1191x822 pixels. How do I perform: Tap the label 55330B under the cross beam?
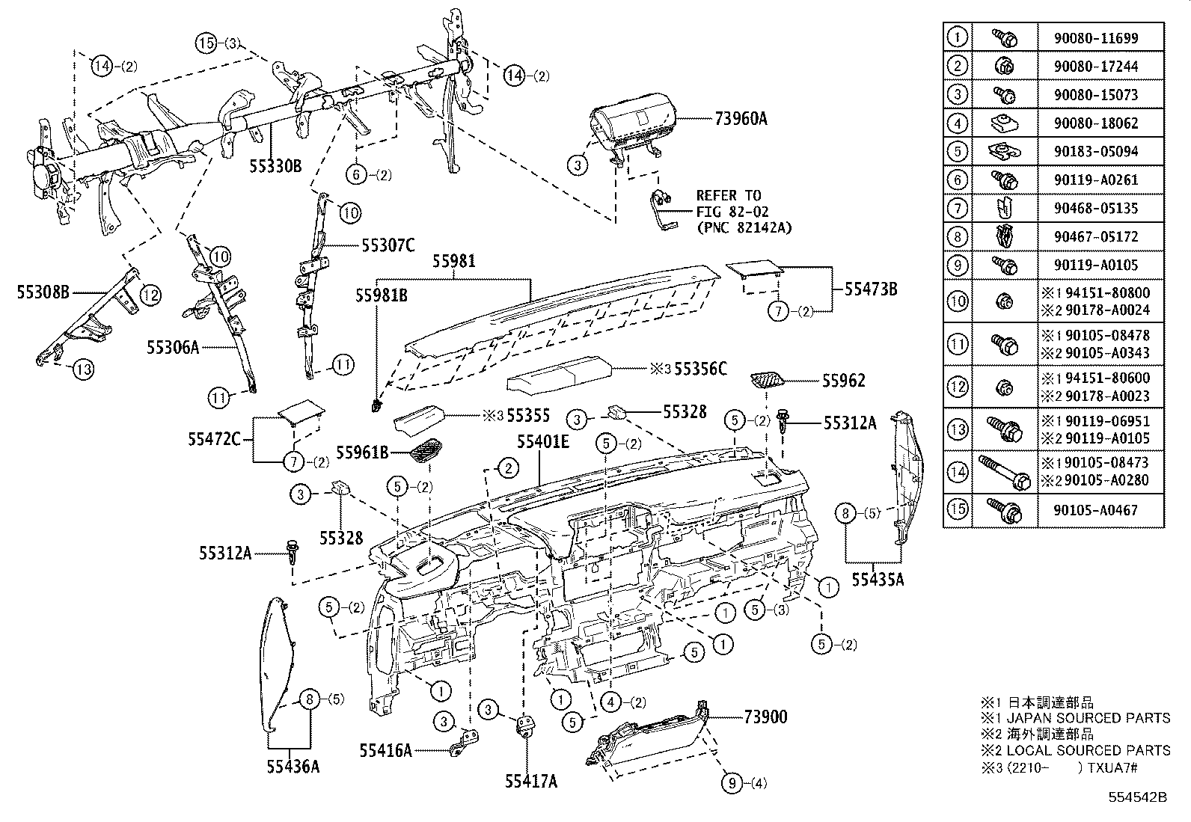point(275,165)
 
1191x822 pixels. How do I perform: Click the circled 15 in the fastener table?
point(957,510)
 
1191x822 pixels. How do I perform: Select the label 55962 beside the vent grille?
point(843,381)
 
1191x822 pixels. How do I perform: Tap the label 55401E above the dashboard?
point(543,442)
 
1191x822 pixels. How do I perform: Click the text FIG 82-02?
point(732,212)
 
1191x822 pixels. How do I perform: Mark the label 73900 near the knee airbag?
point(765,717)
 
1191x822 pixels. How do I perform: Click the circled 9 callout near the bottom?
point(732,783)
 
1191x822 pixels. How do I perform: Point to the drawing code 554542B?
point(1138,797)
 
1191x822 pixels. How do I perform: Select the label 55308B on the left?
point(43,292)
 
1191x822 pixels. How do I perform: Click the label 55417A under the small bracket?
point(530,782)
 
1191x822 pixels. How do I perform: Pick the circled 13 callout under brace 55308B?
point(83,368)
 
